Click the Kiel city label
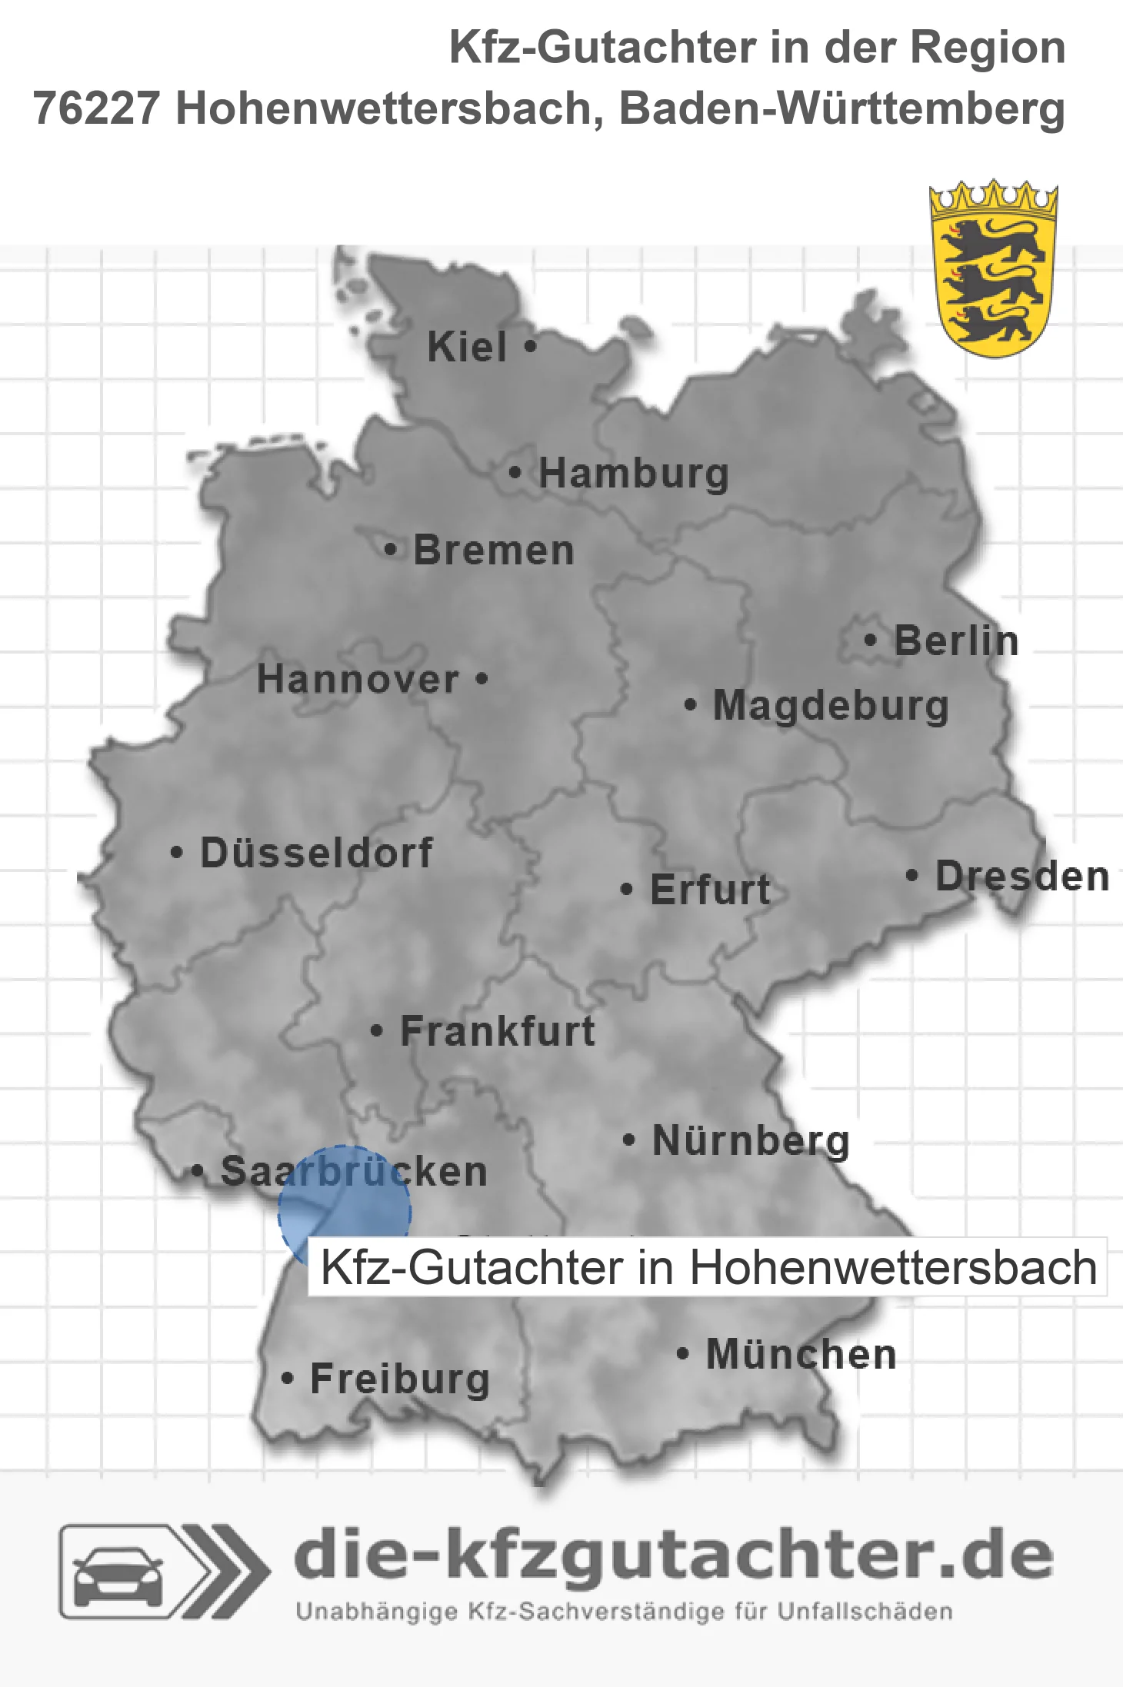(x=467, y=347)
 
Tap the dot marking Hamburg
(x=515, y=473)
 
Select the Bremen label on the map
(x=494, y=551)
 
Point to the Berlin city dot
(x=870, y=640)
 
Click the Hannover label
(x=358, y=679)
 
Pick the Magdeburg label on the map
(x=831, y=706)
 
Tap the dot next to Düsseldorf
(x=177, y=853)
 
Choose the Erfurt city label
(x=710, y=890)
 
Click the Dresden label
(x=1022, y=876)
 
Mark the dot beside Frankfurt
(x=376, y=1030)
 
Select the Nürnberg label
(x=751, y=1140)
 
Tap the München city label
(x=801, y=1354)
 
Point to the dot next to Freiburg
(x=287, y=1379)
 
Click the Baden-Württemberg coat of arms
(x=993, y=268)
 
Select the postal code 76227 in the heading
(x=96, y=108)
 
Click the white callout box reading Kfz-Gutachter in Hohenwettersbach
(x=707, y=1266)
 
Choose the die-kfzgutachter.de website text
(x=673, y=1556)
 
